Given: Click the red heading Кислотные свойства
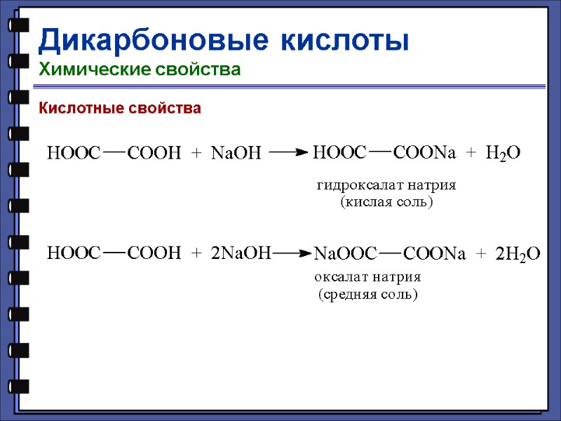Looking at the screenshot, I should (120, 108).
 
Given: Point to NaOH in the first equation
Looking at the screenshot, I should (236, 152).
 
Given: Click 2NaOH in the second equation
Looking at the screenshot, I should (241, 253).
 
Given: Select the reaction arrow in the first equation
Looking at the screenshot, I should (288, 152).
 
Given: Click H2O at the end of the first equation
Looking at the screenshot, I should (503, 153).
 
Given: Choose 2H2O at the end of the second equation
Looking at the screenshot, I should (518, 254).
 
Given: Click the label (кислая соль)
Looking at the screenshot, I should (386, 202).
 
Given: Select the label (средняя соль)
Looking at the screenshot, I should (367, 294).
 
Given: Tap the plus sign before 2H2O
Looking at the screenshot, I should (481, 254).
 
